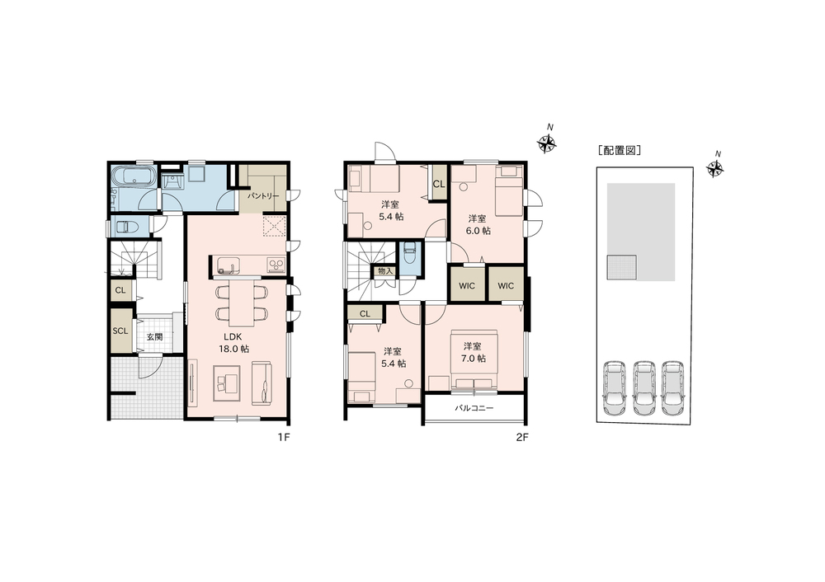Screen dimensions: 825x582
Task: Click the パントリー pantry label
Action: point(263,196)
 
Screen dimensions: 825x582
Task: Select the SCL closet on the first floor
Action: point(121,331)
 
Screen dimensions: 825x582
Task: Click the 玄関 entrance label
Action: point(154,337)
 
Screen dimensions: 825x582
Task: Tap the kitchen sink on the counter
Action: point(229,265)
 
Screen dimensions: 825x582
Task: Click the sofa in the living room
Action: point(263,383)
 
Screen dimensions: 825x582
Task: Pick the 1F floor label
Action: point(284,438)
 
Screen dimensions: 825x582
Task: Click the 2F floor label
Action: point(521,438)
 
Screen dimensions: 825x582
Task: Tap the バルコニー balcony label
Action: point(474,407)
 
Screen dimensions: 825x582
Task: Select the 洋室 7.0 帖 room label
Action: point(473,352)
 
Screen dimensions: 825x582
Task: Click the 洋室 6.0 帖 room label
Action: point(478,224)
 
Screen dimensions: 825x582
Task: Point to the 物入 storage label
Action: point(385,271)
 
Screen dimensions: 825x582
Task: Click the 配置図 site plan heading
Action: point(620,150)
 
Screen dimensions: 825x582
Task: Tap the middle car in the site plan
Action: point(643,387)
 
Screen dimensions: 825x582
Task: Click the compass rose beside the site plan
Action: point(715,168)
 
